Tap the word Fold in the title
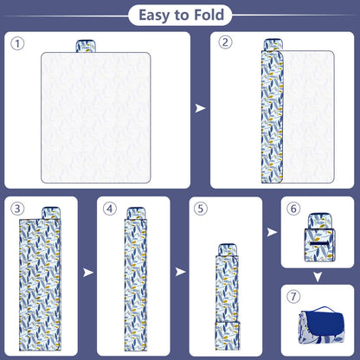pyautogui.click(x=209, y=15)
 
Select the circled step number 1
pyautogui.click(x=17, y=44)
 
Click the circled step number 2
pyautogui.click(x=225, y=42)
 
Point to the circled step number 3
pyautogui.click(x=17, y=209)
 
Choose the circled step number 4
pyautogui.click(x=110, y=209)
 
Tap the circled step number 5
pyautogui.click(x=201, y=209)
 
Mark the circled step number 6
pyautogui.click(x=293, y=209)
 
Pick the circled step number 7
pyautogui.click(x=293, y=296)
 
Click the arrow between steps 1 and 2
pyautogui.click(x=200, y=108)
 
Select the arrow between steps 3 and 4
pyautogui.click(x=88, y=273)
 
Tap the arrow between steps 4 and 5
pyautogui.click(x=180, y=272)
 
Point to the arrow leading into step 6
pyautogui.click(x=272, y=232)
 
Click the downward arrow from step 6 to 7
pyautogui.click(x=318, y=277)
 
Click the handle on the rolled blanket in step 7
pyautogui.click(x=325, y=309)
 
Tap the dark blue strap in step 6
pyautogui.click(x=319, y=244)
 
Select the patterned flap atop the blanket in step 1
pyautogui.click(x=86, y=46)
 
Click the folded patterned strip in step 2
pyautogui.click(x=272, y=116)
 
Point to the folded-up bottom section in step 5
pyautogui.click(x=228, y=336)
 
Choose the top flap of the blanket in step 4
pyautogui.click(x=136, y=214)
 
